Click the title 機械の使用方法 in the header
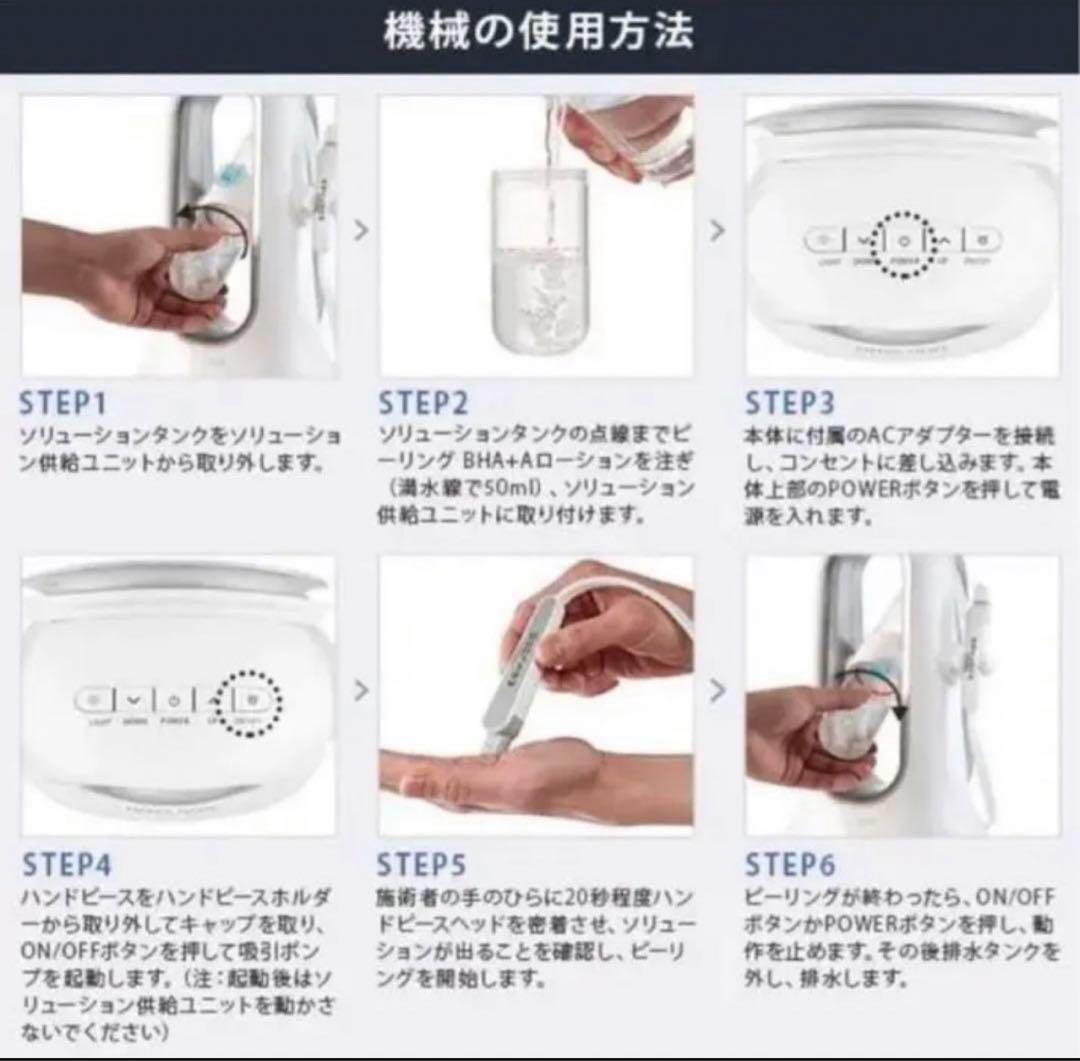coord(539,34)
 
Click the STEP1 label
coord(63,403)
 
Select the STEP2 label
coord(423,403)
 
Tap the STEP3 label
coord(789,403)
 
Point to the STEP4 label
coord(67,865)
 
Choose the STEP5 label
coord(422,865)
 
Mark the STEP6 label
coord(789,865)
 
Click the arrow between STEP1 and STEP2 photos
coord(360,230)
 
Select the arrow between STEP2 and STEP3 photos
coord(717,230)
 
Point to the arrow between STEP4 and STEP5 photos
coord(360,690)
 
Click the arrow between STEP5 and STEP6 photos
coord(717,690)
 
